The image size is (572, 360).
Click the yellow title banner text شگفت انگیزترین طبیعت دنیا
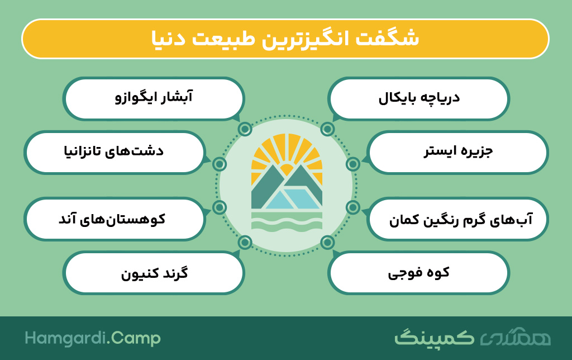[285, 39]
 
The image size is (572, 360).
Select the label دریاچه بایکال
[419, 98]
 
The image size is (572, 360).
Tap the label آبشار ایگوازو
[154, 97]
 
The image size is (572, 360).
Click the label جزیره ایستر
[458, 151]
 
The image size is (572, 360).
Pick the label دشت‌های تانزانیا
[114, 151]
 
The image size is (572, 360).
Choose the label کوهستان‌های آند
[112, 219]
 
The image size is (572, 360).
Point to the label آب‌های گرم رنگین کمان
[461, 220]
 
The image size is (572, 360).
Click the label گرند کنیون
[155, 273]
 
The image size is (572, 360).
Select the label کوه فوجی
[419, 273]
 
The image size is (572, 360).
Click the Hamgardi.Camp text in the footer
[93, 338]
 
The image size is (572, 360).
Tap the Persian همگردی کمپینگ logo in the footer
[473, 338]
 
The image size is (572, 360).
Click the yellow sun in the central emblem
[287, 160]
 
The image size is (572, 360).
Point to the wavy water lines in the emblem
[287, 222]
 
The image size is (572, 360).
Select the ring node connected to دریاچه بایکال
[327, 129]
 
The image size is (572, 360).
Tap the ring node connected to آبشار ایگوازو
[245, 129]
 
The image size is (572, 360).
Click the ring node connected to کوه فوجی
[327, 242]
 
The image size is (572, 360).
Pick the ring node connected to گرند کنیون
[245, 242]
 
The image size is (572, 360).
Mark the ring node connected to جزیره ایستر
[353, 164]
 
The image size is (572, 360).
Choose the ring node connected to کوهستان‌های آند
[220, 207]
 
